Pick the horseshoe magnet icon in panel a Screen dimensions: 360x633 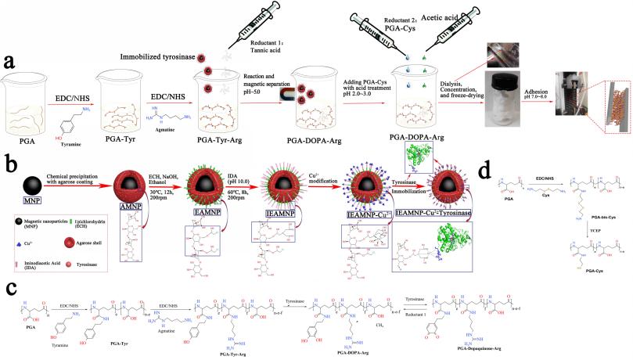pos(261,95)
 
